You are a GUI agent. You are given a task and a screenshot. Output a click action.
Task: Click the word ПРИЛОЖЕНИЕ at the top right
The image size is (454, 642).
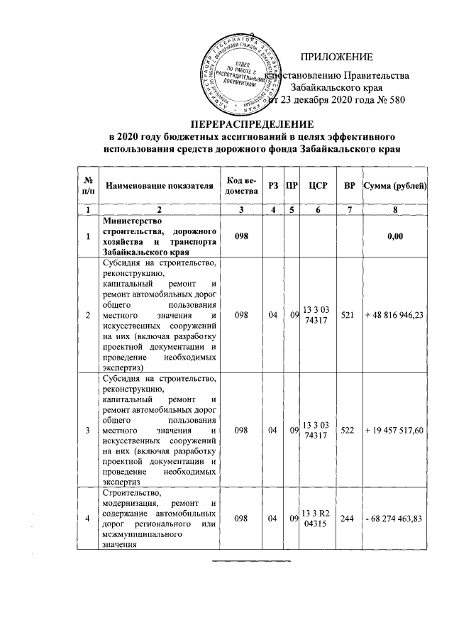pos(336,57)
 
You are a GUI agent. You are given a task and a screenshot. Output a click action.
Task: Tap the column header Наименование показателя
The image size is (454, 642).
pos(160,186)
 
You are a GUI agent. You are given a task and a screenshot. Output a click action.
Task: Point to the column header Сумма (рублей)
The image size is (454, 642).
pos(394,186)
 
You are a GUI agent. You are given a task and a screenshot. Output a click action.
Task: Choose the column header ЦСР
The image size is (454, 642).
pos(317,186)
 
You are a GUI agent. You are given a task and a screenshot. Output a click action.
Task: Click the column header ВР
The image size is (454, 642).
pos(349,186)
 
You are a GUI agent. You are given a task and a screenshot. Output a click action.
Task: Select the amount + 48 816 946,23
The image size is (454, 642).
pos(394,314)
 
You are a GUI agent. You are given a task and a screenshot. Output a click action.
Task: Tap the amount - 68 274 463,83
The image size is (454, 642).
pos(394,519)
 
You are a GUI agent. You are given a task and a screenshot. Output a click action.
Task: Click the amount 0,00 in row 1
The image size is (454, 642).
pos(395,236)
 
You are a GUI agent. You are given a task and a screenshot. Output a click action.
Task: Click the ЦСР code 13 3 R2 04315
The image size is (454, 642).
pos(316,519)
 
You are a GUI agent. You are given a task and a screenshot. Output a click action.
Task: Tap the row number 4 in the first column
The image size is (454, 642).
pos(87,519)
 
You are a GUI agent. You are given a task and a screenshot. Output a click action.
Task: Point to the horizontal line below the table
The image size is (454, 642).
pos(253,561)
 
